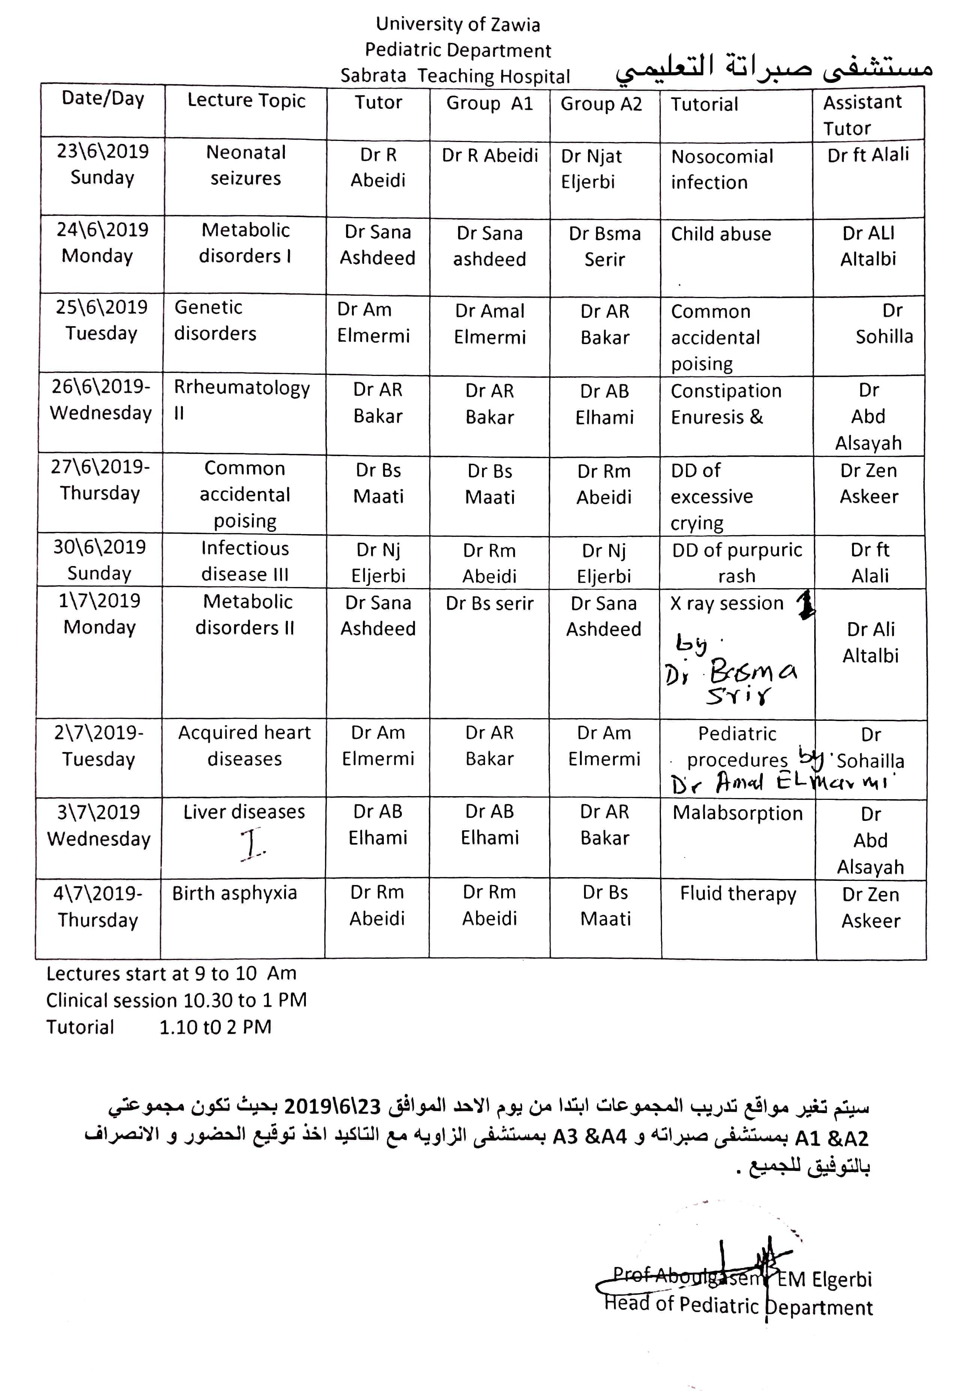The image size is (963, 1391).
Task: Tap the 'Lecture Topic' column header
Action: [246, 100]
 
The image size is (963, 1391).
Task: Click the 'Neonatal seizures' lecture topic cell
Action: [246, 165]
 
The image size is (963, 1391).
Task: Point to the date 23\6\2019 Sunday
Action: [103, 164]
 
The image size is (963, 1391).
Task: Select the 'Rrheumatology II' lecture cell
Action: [241, 400]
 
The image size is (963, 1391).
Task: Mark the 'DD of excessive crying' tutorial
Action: [711, 496]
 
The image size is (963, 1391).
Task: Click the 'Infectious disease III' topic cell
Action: [245, 561]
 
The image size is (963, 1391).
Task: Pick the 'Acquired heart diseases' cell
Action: [244, 746]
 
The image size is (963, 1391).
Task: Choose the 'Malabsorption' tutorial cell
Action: [737, 813]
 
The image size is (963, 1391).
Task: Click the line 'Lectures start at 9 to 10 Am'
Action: [171, 973]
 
